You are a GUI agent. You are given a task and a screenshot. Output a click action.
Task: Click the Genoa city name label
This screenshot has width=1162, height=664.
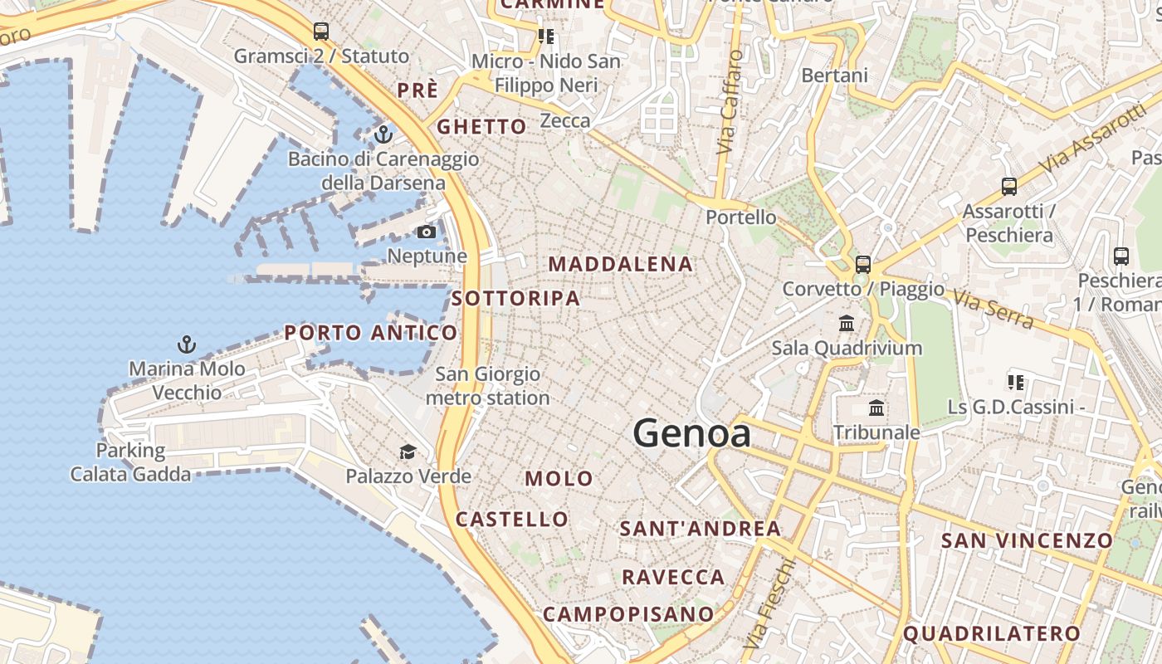click(x=691, y=433)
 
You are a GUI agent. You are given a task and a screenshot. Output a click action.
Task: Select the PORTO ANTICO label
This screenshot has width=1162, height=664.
click(x=370, y=333)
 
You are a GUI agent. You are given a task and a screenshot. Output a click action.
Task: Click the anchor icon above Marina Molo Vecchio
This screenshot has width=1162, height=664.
click(x=187, y=344)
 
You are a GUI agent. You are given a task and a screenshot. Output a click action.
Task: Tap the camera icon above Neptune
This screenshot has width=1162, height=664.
click(x=427, y=232)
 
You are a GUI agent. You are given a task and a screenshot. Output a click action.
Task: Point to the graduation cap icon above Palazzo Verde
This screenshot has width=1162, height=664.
click(x=408, y=452)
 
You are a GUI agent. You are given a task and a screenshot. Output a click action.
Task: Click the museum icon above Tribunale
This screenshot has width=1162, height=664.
click(x=876, y=408)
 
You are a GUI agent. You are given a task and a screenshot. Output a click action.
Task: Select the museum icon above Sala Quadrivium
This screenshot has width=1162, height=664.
click(x=847, y=323)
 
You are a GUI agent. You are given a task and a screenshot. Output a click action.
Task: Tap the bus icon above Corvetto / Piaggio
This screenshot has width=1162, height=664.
click(x=863, y=265)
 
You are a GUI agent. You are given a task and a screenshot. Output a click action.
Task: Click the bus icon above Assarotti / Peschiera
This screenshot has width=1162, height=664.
click(x=1009, y=187)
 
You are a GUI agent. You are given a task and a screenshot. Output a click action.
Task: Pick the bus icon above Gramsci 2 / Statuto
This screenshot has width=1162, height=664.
click(x=321, y=32)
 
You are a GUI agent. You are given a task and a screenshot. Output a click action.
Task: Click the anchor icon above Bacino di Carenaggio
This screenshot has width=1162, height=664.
click(x=383, y=134)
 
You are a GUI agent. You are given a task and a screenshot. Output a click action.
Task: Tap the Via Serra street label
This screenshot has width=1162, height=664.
click(x=994, y=309)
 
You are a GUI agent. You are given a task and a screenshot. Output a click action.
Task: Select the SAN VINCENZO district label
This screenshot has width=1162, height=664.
click(x=1026, y=541)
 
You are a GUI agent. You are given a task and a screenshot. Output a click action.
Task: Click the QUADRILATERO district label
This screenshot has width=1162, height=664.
click(x=992, y=634)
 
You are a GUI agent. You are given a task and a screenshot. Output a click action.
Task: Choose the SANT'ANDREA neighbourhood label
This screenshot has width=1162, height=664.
click(x=700, y=529)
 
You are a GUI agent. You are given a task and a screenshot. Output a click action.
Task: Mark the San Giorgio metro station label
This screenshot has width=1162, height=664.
click(x=487, y=386)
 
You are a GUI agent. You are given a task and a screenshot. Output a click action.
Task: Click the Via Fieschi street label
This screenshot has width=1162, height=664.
click(x=769, y=604)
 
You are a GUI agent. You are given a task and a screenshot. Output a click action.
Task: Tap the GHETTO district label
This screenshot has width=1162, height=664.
click(x=481, y=127)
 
